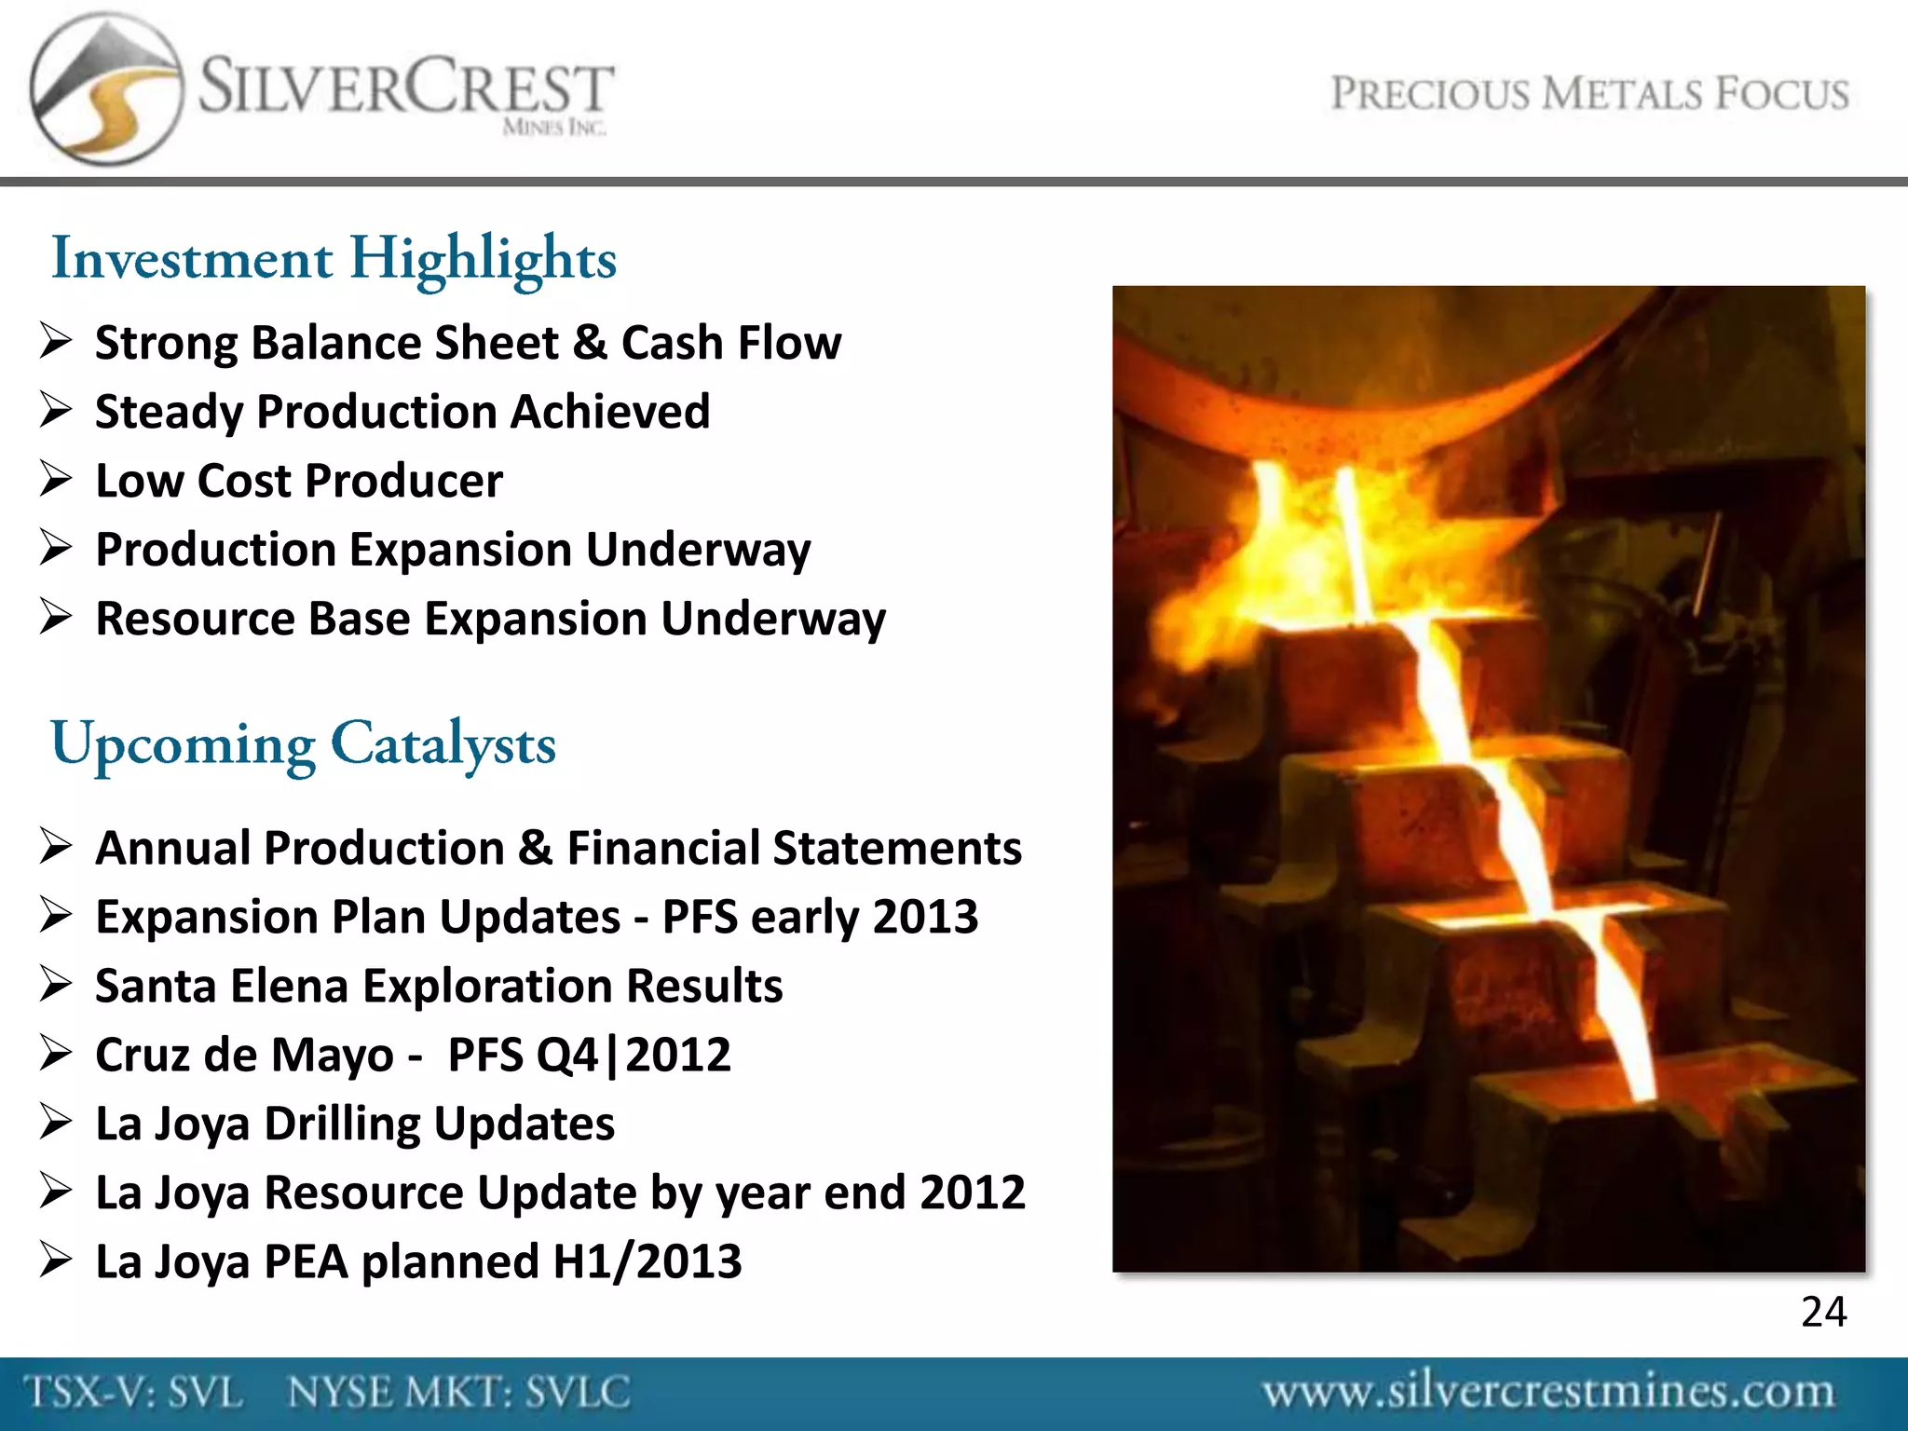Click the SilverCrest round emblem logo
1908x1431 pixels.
pyautogui.click(x=105, y=89)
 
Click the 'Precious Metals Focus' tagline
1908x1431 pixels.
pyautogui.click(x=1589, y=94)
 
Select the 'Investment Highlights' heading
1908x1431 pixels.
pyautogui.click(x=334, y=259)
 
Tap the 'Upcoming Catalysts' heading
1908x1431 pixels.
pyautogui.click(x=303, y=744)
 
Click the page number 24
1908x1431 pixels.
pyautogui.click(x=1823, y=1312)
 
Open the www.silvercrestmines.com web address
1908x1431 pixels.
pyautogui.click(x=1547, y=1392)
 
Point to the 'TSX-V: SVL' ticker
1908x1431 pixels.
pyautogui.click(x=134, y=1393)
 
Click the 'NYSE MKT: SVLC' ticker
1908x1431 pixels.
pyautogui.click(x=458, y=1393)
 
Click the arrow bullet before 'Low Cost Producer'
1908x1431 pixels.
pyautogui.click(x=56, y=479)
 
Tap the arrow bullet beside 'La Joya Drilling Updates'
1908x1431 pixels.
pyautogui.click(x=56, y=1122)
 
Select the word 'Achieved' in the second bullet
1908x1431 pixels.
pyautogui.click(x=610, y=411)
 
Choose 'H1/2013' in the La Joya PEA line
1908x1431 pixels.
pyautogui.click(x=647, y=1261)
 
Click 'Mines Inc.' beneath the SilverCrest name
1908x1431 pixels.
pyautogui.click(x=554, y=128)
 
